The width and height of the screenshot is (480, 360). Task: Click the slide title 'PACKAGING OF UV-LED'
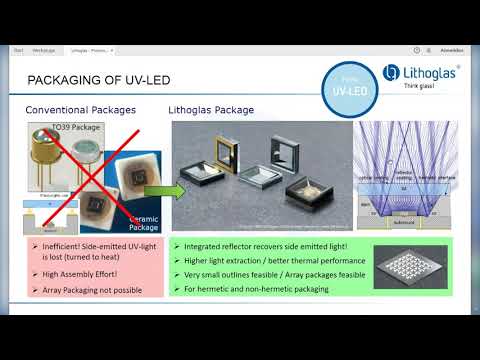click(101, 81)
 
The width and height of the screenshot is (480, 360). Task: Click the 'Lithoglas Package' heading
click(213, 110)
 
